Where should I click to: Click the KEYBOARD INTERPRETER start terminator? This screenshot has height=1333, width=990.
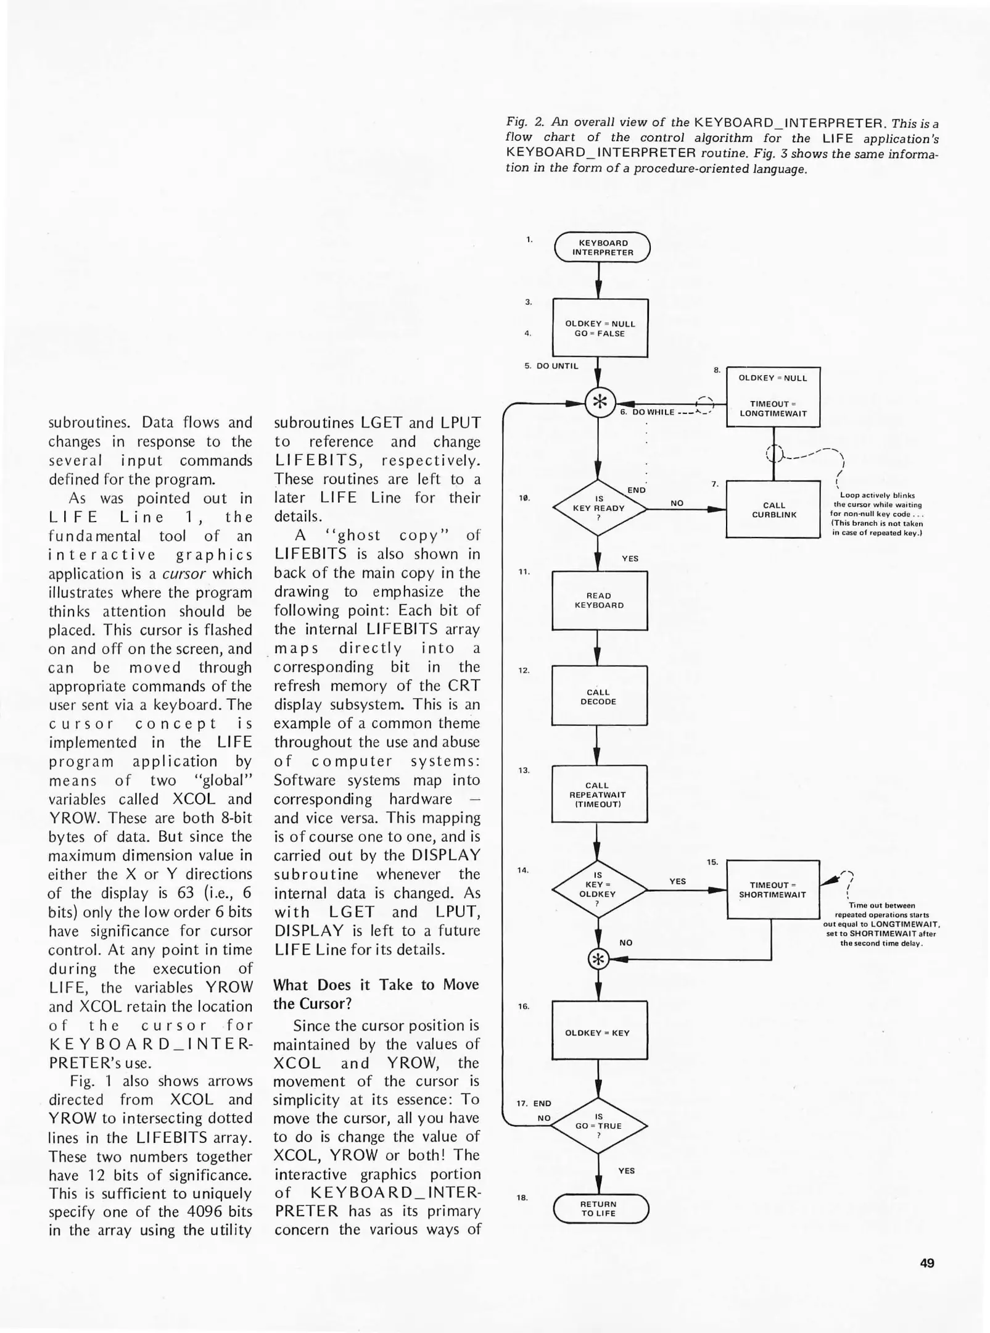point(602,247)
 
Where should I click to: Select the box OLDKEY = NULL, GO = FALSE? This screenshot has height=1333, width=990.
point(600,328)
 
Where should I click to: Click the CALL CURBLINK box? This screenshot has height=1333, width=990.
point(773,510)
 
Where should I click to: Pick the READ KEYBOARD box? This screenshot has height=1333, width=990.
point(599,600)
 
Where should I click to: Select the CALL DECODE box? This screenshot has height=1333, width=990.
point(598,696)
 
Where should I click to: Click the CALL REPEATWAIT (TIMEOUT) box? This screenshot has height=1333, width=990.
point(598,794)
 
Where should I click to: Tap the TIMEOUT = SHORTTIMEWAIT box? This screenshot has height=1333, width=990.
point(773,889)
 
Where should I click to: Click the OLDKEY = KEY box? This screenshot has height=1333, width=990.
point(598,1032)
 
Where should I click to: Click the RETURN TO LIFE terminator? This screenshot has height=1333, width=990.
point(600,1208)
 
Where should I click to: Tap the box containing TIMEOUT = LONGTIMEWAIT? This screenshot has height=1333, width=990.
point(773,397)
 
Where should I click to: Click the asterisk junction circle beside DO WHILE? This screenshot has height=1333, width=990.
point(598,402)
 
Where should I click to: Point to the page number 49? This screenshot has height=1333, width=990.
point(926,1263)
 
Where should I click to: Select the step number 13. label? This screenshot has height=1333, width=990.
point(524,770)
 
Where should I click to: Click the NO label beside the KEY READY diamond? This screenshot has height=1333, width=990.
point(677,503)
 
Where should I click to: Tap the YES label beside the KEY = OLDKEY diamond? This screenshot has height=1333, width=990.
point(677,881)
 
